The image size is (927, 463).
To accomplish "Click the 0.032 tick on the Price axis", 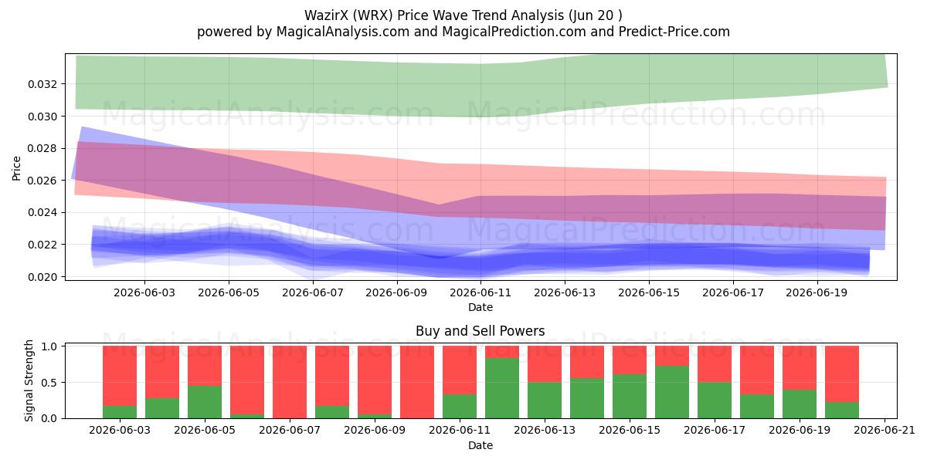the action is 42,84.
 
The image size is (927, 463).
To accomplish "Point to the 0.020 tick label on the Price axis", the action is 42,277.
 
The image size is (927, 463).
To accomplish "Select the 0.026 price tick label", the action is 42,181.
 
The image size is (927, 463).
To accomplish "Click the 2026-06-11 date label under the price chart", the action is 480,292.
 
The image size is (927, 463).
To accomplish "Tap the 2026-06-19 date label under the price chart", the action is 817,292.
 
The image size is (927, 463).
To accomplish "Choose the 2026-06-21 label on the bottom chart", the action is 885,431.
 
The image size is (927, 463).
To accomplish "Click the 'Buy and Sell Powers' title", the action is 480,331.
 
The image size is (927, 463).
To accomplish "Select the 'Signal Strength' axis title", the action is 29,380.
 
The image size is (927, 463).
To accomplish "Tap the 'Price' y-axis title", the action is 16,169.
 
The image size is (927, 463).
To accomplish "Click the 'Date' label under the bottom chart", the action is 480,446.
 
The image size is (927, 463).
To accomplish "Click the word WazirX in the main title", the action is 326,15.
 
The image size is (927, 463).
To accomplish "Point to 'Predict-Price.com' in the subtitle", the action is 674,32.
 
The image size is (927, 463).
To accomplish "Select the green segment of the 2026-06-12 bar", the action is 502,388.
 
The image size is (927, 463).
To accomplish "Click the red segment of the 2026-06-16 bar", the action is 672,356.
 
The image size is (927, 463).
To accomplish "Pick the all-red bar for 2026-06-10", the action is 417,383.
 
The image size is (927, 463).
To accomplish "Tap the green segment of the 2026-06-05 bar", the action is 205,402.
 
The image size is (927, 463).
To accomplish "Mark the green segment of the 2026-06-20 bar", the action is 842,410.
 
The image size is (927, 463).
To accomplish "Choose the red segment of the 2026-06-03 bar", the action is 120,377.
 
